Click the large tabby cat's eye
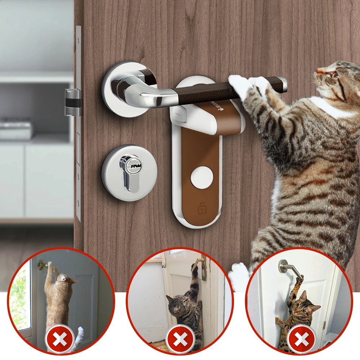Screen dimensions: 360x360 point(334,75)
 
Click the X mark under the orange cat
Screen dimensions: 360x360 point(60,339)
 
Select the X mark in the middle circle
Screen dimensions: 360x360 point(180,339)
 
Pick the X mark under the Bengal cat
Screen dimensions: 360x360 point(300,339)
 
